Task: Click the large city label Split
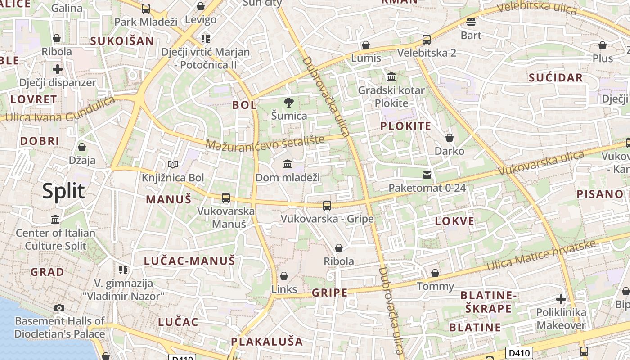63,191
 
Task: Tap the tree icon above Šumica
288,103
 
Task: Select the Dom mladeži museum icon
288,164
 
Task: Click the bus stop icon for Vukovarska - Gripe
327,206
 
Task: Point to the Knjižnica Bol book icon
173,165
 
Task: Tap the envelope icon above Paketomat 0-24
427,175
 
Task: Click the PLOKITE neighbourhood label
406,126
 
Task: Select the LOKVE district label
455,221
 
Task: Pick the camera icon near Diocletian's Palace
59,308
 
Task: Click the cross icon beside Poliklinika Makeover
561,299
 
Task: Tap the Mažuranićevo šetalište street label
265,143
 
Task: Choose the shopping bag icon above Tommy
435,273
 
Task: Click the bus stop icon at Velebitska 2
427,40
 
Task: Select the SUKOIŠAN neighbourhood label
122,41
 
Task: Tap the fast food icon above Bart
471,22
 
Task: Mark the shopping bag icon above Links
284,275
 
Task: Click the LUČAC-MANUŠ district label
189,261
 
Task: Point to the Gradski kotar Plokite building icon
391,77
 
